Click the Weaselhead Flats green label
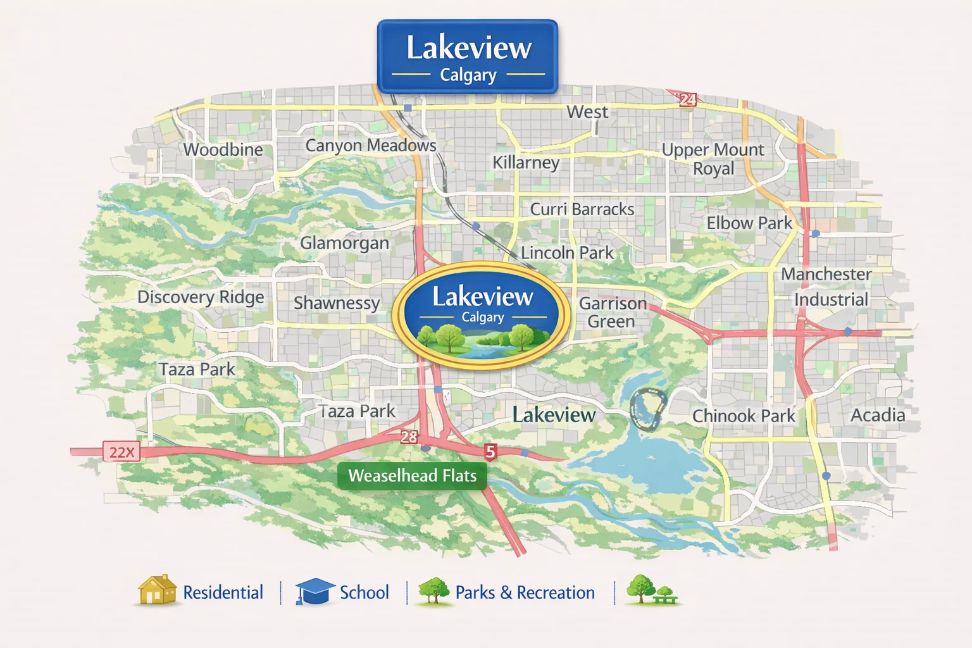(412, 476)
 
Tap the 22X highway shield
(121, 452)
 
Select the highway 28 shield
(409, 437)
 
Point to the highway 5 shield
(490, 451)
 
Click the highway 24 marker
(687, 99)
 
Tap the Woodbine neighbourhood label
(223, 150)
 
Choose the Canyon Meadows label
(370, 146)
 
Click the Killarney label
(526, 163)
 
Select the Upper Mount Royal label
(713, 159)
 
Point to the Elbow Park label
(749, 223)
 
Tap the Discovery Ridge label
(201, 297)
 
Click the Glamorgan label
(344, 243)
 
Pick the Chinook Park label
(743, 416)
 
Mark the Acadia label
(877, 415)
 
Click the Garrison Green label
(612, 313)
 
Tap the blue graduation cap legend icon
(315, 592)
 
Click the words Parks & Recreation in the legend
(525, 593)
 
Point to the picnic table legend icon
(664, 594)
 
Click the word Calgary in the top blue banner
(468, 75)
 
